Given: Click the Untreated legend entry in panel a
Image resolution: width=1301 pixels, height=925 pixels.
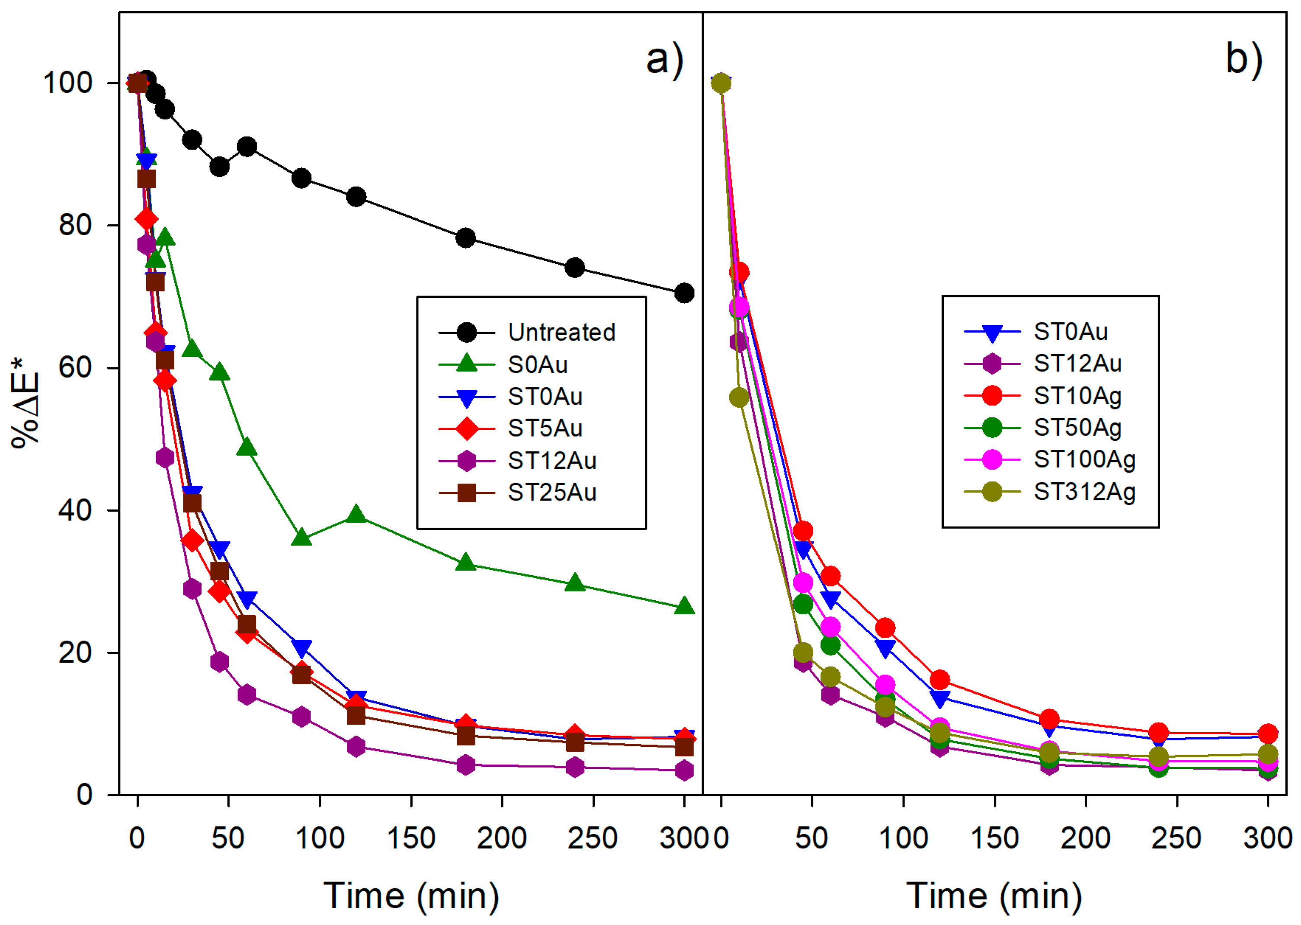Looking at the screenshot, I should pyautogui.click(x=561, y=332).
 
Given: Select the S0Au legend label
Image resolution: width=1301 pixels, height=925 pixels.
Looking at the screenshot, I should pyautogui.click(x=538, y=365).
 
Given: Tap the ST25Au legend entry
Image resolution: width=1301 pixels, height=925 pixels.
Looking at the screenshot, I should pyautogui.click(x=551, y=492).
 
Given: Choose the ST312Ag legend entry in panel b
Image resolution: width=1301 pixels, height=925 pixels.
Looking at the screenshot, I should pyautogui.click(x=1084, y=492).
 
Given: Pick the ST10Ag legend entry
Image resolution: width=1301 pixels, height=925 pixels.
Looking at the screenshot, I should pyautogui.click(x=1077, y=395).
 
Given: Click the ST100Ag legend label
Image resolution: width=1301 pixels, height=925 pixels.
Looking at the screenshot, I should pyautogui.click(x=1084, y=459).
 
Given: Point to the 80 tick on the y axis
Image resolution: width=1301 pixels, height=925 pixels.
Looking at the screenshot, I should pyautogui.click(x=75, y=225).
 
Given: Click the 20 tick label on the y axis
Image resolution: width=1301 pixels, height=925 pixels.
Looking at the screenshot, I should pyautogui.click(x=75, y=652).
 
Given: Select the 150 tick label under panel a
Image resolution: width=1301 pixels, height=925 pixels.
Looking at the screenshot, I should pyautogui.click(x=411, y=839).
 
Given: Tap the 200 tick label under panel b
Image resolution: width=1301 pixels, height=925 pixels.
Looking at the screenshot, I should pyautogui.click(x=1085, y=839).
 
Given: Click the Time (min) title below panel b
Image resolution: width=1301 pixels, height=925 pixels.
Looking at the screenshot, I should pyautogui.click(x=994, y=896).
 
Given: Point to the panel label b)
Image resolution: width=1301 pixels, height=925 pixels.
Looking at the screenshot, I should pyautogui.click(x=1243, y=59).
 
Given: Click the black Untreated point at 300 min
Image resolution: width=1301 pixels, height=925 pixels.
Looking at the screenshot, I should pyautogui.click(x=684, y=293).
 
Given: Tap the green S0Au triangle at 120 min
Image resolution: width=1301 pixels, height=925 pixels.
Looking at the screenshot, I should pyautogui.click(x=356, y=514).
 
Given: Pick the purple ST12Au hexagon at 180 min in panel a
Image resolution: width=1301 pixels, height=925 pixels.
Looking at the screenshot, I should pyautogui.click(x=466, y=765).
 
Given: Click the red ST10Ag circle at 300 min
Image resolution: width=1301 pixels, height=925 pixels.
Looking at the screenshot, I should pyautogui.click(x=1267, y=733).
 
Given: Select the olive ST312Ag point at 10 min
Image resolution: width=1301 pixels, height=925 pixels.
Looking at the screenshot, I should pyautogui.click(x=739, y=397).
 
